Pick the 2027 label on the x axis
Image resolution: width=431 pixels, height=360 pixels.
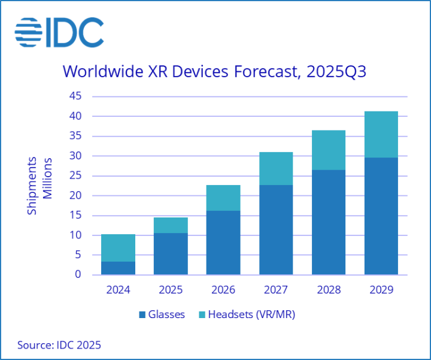point(276,291)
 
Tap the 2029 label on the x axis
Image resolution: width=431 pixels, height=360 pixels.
point(381,291)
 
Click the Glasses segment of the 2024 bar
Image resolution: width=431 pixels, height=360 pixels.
point(118,268)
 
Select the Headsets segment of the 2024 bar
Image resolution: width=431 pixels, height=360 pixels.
point(118,248)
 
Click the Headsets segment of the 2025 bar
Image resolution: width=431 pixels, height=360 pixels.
point(171,225)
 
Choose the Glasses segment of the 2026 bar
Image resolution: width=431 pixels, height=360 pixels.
point(223,243)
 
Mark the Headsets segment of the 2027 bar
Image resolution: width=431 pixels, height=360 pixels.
point(276,168)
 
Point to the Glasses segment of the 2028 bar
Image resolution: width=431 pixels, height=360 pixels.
point(329,222)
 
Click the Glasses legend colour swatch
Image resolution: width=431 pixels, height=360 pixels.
point(142,314)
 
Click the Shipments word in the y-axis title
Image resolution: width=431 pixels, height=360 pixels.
point(32,186)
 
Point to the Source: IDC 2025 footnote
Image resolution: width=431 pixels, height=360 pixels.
point(59,344)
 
